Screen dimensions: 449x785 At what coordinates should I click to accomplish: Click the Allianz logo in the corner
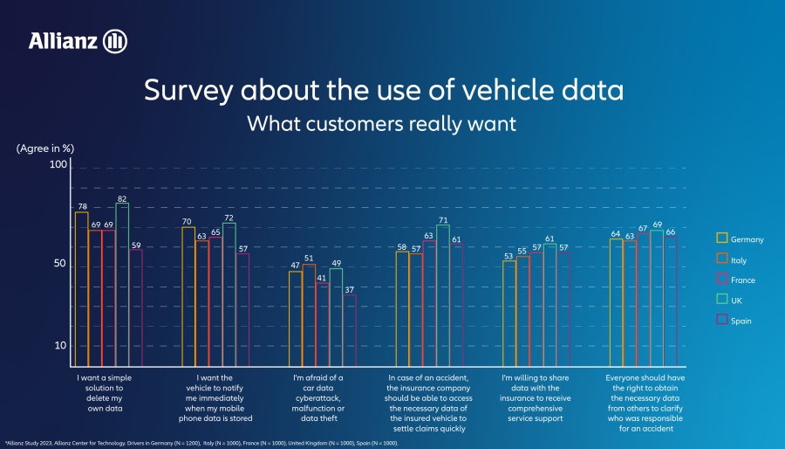(78, 40)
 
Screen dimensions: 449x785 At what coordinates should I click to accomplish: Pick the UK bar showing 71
(443, 292)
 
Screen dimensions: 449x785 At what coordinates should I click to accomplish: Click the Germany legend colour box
(721, 238)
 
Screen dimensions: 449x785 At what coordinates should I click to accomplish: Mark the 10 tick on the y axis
(60, 346)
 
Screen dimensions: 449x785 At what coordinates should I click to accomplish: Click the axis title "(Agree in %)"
(44, 149)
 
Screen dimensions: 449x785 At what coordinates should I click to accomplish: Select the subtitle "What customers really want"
(382, 123)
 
